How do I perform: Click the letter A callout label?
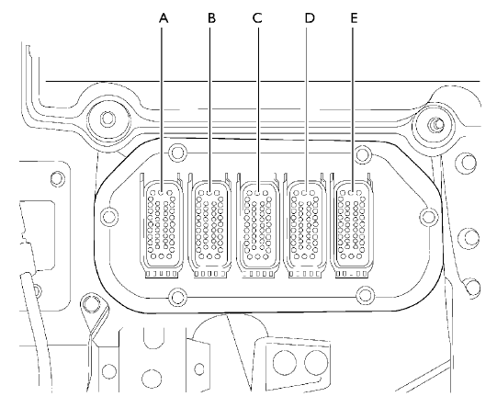point(164,18)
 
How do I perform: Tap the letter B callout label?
point(211,18)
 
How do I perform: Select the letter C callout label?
point(257,18)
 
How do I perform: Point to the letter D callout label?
point(310,18)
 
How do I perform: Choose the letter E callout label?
point(354,18)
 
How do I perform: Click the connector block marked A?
point(161,226)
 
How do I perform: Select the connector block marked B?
point(209,226)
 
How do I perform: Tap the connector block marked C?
point(257,226)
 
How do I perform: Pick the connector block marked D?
point(305,226)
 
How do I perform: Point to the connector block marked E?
point(352,226)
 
